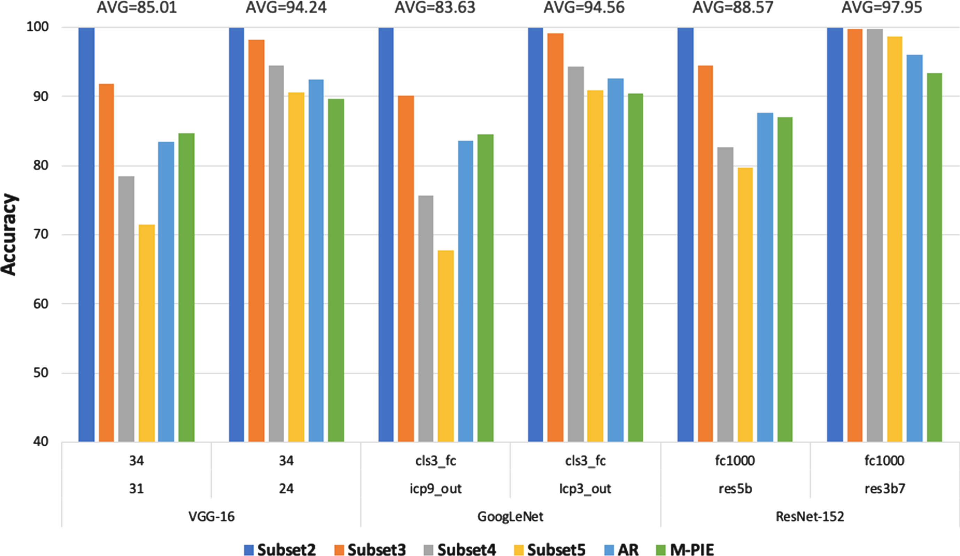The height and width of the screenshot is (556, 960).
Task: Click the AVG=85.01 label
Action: [x=137, y=8]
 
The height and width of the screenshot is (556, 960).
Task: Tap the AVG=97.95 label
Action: [x=882, y=8]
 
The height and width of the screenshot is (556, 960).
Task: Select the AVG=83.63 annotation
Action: [x=435, y=8]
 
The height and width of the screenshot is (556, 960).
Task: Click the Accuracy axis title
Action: [x=9, y=234]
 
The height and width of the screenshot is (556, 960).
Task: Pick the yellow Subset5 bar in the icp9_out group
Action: [x=446, y=346]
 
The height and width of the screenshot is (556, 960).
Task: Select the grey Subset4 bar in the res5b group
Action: [x=725, y=295]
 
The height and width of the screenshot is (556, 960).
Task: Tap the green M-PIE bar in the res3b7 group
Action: [x=935, y=257]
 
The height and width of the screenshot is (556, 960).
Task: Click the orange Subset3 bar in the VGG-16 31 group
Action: [x=106, y=263]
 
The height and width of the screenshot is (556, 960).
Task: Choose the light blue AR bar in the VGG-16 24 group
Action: [x=316, y=261]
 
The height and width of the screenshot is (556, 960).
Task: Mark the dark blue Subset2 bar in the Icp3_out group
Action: [x=535, y=235]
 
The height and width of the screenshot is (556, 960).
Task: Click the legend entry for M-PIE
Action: [x=684, y=549]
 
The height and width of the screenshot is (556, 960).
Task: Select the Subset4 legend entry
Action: [x=459, y=549]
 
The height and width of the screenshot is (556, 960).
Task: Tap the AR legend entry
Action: [x=621, y=549]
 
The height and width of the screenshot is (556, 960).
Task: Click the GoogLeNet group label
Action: [x=510, y=516]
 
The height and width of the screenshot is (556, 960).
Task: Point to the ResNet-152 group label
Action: [x=810, y=516]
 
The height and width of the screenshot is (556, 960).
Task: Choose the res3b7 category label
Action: [x=884, y=488]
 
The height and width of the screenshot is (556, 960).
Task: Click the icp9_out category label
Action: [x=435, y=489]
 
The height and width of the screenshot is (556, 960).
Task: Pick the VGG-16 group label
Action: [x=211, y=516]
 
